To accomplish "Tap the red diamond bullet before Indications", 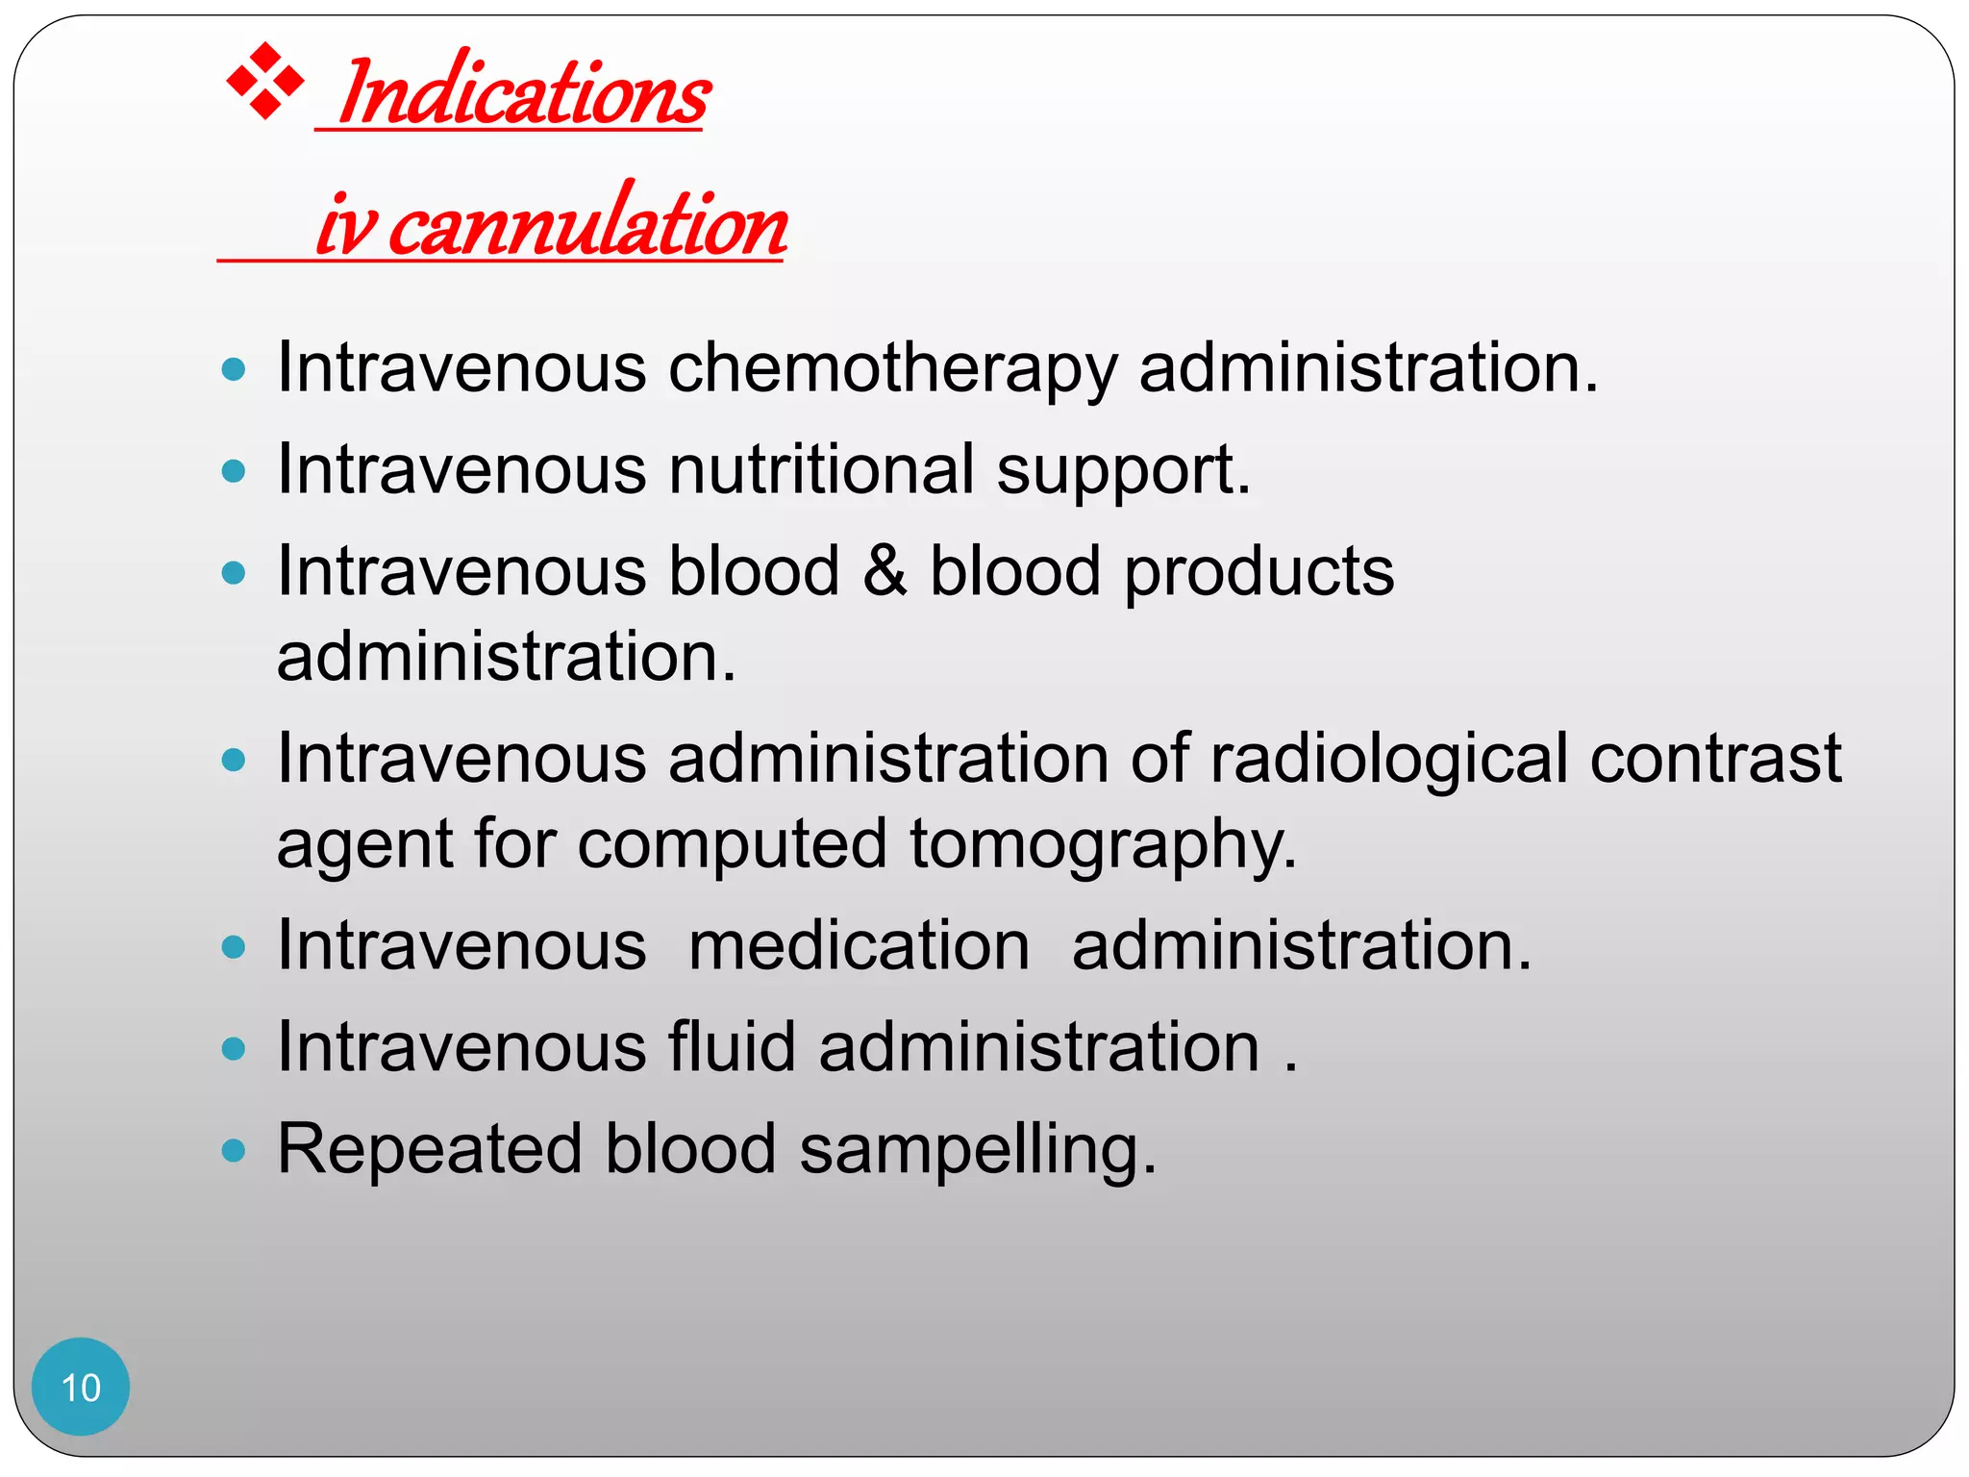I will pyautogui.click(x=264, y=83).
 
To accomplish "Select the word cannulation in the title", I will pyautogui.click(x=588, y=225).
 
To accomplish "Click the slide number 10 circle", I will pyautogui.click(x=81, y=1387).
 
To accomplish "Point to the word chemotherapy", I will pyautogui.click(x=892, y=369).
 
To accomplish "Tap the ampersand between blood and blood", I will pyautogui.click(x=885, y=571).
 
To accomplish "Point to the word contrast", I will pyautogui.click(x=1715, y=760).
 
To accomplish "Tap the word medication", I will pyautogui.click(x=860, y=946).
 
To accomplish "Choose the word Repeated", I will pyautogui.click(x=430, y=1150).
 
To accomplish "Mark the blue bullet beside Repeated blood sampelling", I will pyautogui.click(x=234, y=1149).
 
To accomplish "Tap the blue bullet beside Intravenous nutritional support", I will pyautogui.click(x=234, y=471).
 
